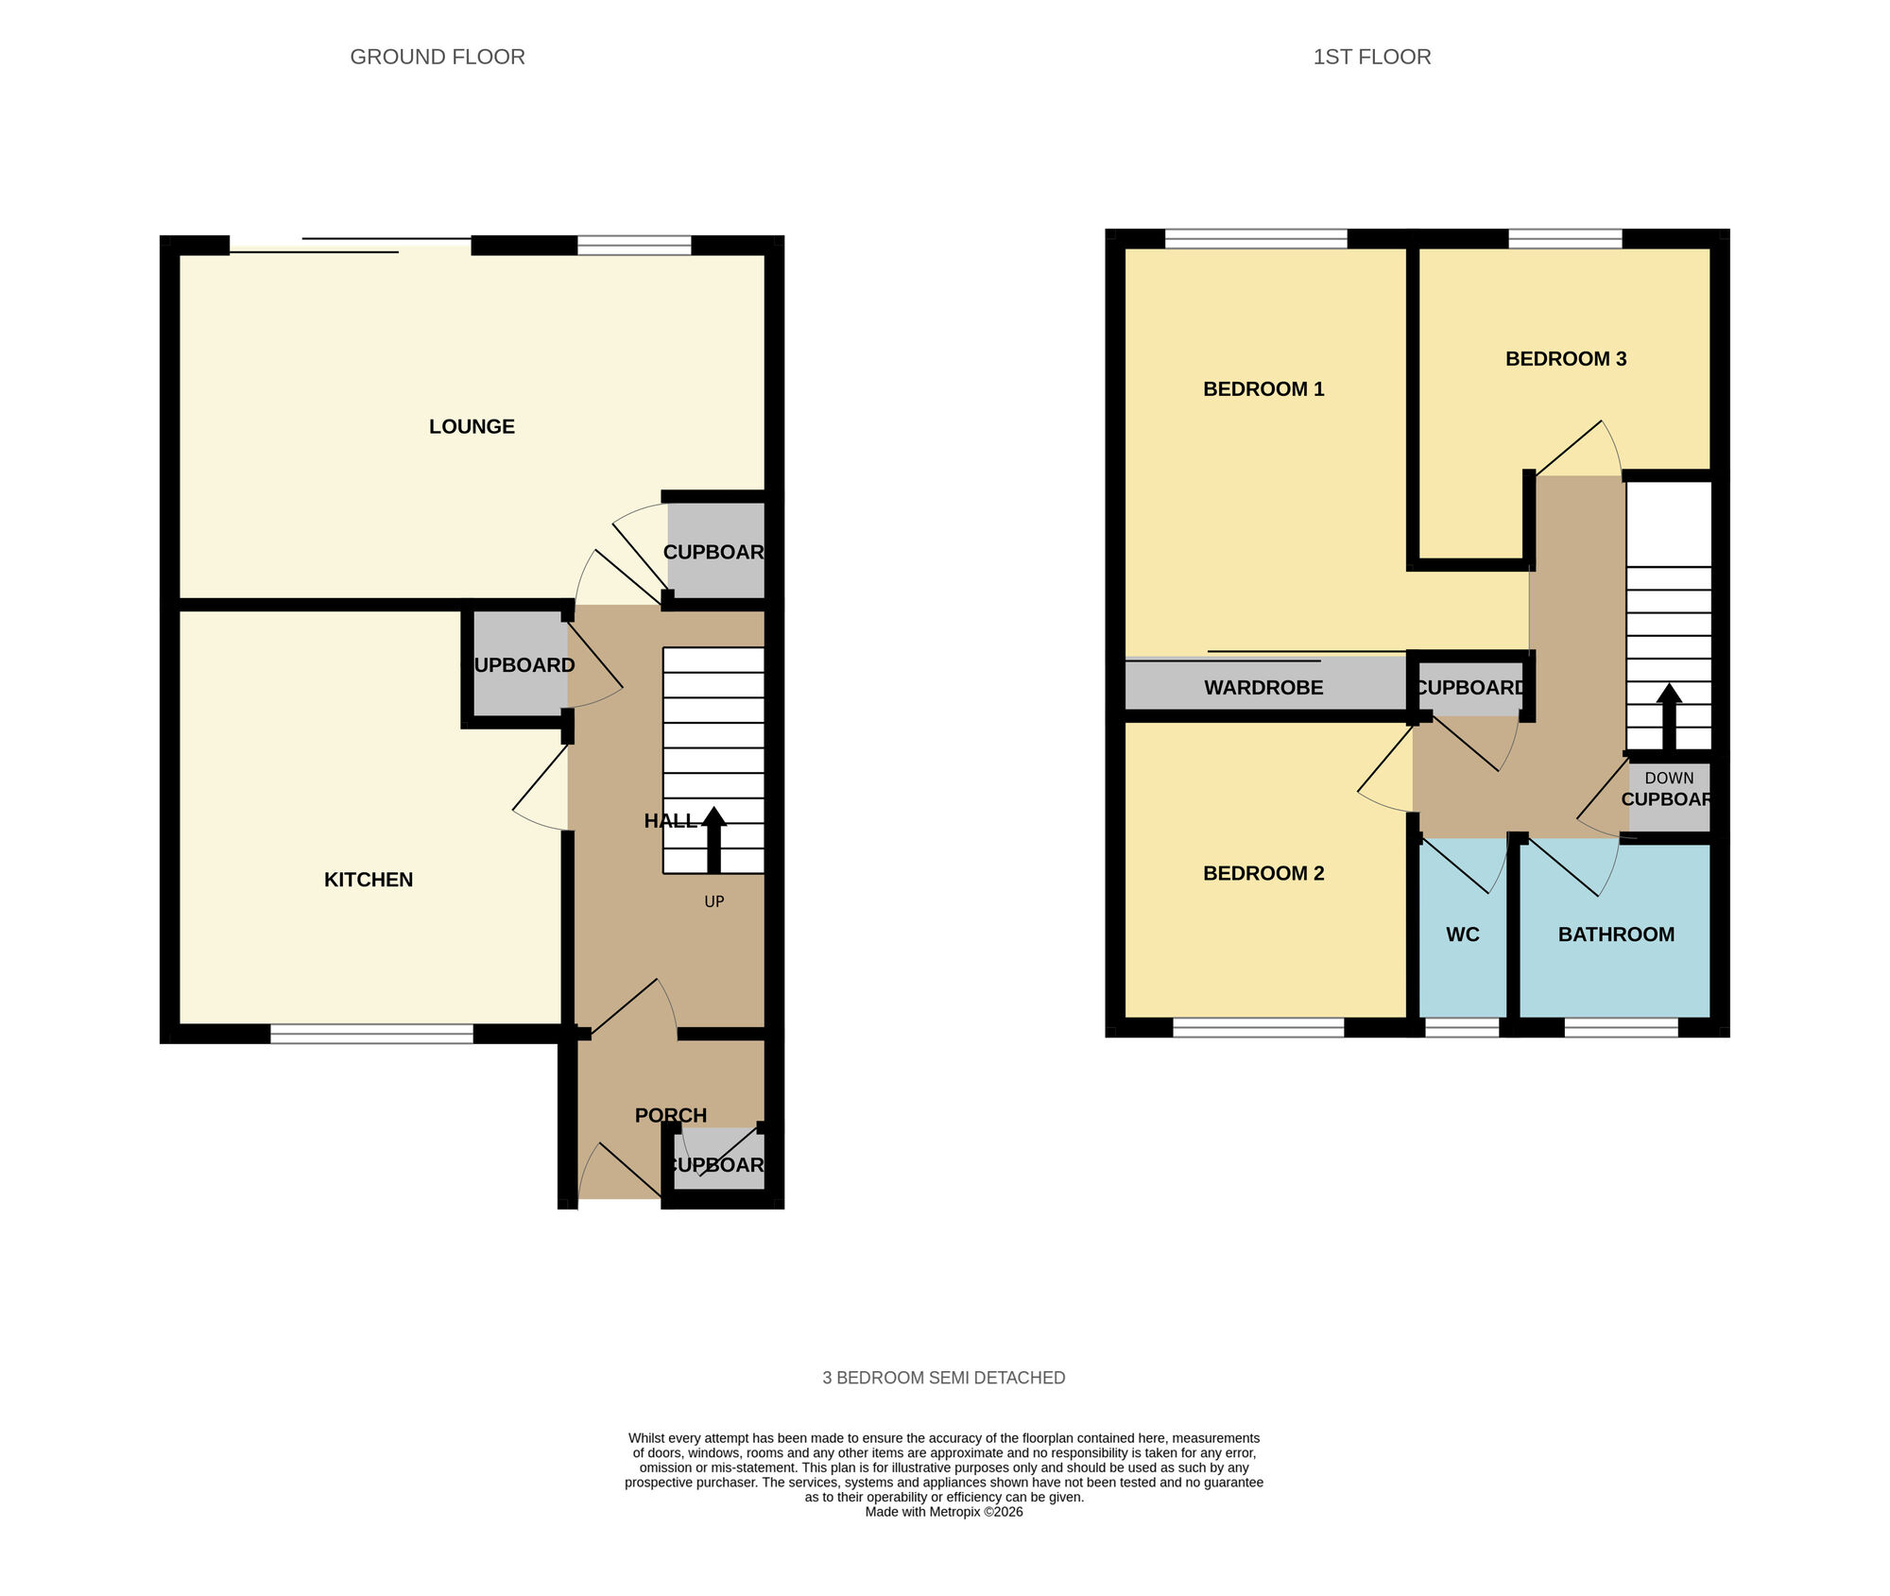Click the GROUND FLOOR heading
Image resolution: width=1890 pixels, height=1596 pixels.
point(437,57)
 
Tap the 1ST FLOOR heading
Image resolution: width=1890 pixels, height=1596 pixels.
point(1371,57)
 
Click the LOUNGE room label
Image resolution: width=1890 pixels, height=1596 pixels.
point(472,426)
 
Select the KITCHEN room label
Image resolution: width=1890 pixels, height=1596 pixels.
point(369,880)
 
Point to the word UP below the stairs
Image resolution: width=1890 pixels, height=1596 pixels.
point(714,901)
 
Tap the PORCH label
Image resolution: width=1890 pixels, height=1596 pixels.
point(670,1115)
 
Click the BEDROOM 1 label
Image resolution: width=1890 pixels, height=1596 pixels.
point(1263,388)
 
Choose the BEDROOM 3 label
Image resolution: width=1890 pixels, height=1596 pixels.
point(1565,358)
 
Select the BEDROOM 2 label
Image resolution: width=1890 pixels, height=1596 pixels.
point(1263,873)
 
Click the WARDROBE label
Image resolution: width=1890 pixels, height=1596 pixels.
point(1263,688)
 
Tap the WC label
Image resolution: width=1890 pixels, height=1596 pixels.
point(1462,935)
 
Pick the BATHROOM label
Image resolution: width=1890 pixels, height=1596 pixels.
point(1615,935)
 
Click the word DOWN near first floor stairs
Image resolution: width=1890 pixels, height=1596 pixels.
point(1669,778)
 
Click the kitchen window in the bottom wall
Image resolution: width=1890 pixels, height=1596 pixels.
point(371,1034)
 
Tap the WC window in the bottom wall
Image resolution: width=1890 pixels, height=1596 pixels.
point(1461,1027)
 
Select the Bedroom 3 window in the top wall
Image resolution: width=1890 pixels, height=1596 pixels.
point(1565,238)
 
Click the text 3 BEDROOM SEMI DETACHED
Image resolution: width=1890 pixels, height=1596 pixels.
point(943,1378)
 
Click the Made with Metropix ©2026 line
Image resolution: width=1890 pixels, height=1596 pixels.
point(943,1512)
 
